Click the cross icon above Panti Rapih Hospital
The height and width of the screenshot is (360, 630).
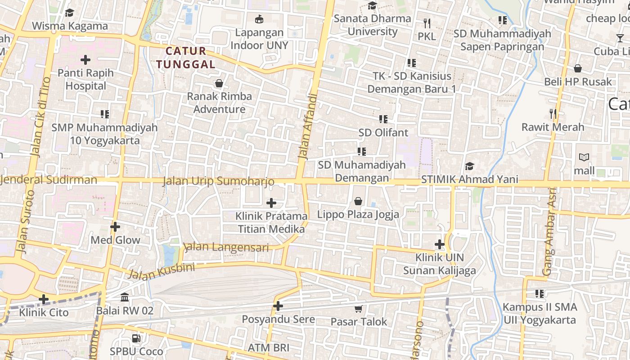pyautogui.click(x=85, y=59)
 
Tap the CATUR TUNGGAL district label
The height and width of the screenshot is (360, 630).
pyautogui.click(x=186, y=58)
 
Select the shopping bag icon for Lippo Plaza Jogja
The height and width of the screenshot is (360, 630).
pyautogui.click(x=358, y=201)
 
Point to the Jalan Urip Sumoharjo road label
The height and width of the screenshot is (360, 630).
pyautogui.click(x=218, y=181)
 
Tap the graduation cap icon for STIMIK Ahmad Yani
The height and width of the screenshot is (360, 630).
pyautogui.click(x=469, y=166)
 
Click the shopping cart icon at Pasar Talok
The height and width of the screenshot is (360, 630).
pyautogui.click(x=359, y=309)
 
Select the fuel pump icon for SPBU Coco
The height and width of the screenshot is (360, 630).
pyautogui.click(x=136, y=338)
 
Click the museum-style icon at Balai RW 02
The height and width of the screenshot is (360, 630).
pyautogui.click(x=125, y=297)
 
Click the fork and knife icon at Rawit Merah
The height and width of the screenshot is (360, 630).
pyautogui.click(x=553, y=114)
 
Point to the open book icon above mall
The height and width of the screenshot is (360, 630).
pyautogui.click(x=584, y=157)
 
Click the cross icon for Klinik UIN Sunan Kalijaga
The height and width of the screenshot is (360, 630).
pyautogui.click(x=440, y=244)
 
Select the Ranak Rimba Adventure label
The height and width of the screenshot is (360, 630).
pyautogui.click(x=220, y=103)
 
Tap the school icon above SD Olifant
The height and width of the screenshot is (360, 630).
pyautogui.click(x=383, y=119)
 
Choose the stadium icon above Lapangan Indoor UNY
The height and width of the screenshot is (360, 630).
pyautogui.click(x=259, y=19)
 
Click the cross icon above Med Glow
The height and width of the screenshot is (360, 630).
pyautogui.click(x=115, y=227)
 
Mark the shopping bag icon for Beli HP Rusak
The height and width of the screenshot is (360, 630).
pyautogui.click(x=578, y=68)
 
